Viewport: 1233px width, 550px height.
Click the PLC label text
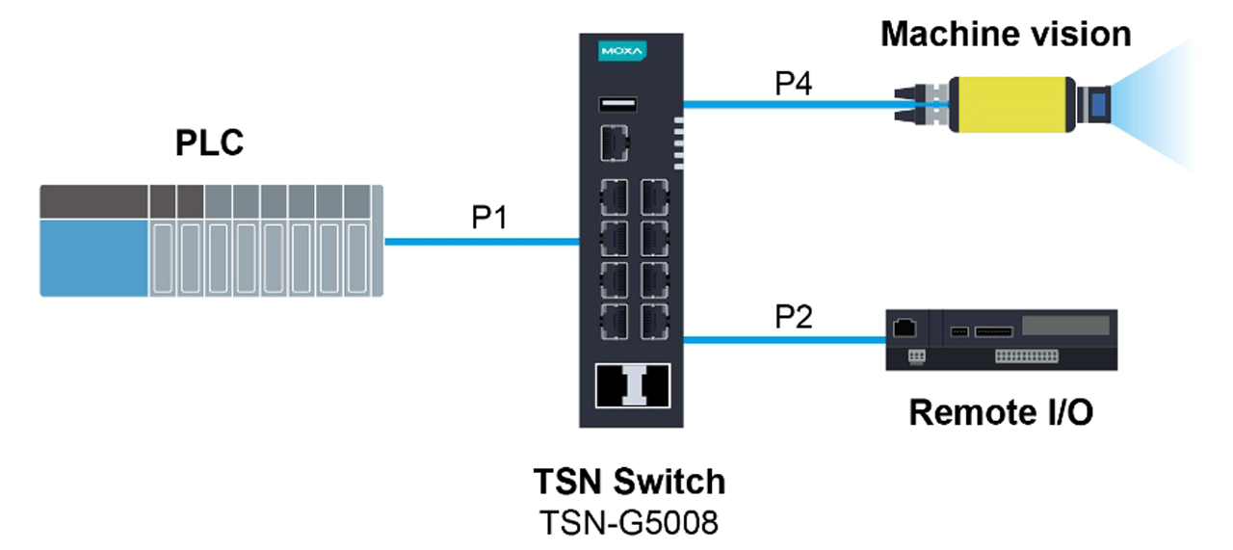pos(209,143)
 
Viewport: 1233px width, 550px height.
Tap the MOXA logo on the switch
pos(621,50)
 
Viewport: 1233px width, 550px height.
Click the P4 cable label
pos(793,84)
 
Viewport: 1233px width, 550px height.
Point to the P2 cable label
pos(794,317)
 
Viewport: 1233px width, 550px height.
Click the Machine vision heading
pos(1006,35)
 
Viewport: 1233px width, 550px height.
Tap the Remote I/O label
pos(1001,412)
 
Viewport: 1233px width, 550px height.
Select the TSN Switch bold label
pos(629,481)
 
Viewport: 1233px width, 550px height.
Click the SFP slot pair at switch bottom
pos(631,386)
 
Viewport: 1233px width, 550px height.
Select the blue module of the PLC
pos(94,256)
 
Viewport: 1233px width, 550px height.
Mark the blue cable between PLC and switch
pos(482,243)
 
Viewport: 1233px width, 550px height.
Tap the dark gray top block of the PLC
pos(94,200)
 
